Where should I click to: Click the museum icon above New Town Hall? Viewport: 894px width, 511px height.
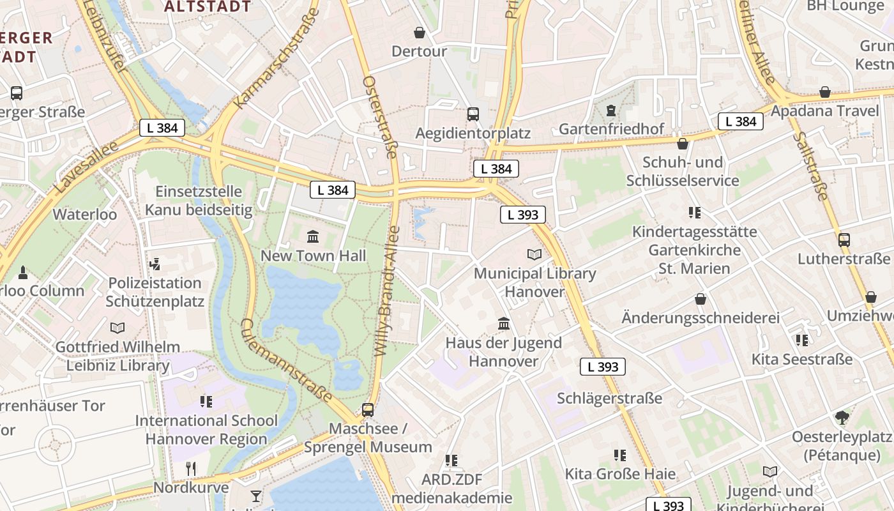[x=313, y=237]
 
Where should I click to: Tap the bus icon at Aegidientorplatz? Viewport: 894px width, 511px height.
[x=473, y=114]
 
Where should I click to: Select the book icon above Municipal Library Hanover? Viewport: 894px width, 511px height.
[x=534, y=254]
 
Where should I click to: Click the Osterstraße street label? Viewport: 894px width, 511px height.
[x=381, y=117]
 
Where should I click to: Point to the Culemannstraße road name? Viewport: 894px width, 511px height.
[x=286, y=361]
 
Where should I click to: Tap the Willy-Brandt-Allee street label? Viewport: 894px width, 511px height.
[x=386, y=291]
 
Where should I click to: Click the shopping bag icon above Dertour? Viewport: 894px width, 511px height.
[x=420, y=32]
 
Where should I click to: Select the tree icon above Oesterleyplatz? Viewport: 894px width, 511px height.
[x=842, y=418]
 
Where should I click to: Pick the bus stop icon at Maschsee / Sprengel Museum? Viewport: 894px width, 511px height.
[x=368, y=409]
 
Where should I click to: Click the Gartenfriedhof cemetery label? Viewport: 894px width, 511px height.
[x=611, y=129]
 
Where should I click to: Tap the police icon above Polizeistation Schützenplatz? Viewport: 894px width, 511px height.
[x=155, y=264]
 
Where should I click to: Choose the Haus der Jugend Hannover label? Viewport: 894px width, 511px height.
[x=503, y=352]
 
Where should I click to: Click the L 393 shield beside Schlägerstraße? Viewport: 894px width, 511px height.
[x=602, y=367]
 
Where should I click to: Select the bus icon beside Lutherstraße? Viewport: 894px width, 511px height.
[x=844, y=240]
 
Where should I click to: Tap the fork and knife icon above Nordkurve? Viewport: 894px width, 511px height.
[x=190, y=469]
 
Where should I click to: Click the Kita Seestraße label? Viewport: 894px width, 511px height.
[x=801, y=359]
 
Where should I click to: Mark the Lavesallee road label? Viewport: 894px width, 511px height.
[x=87, y=168]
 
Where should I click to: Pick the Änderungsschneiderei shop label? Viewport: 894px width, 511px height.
[x=701, y=317]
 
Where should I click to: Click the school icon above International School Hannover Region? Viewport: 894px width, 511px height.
[x=206, y=402]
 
